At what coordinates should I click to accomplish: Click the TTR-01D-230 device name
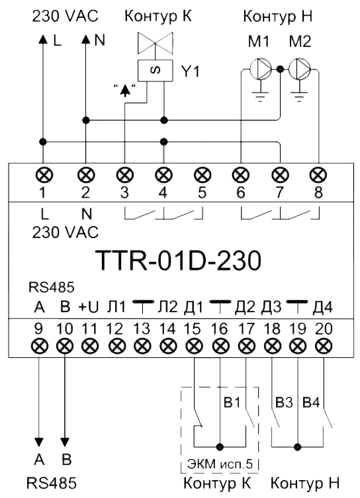pyautogui.click(x=178, y=261)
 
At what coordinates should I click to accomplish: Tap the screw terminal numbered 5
pyautogui.click(x=202, y=175)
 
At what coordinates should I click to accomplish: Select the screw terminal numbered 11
pyautogui.click(x=90, y=346)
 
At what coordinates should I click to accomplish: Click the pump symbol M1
pyautogui.click(x=260, y=69)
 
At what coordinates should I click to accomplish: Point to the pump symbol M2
pyautogui.click(x=299, y=69)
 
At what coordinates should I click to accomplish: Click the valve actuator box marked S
pyautogui.click(x=156, y=70)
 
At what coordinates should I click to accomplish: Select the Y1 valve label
pyautogui.click(x=191, y=71)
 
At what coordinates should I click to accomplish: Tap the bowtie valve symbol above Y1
pyautogui.click(x=156, y=43)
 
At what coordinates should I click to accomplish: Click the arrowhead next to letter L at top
pyautogui.click(x=43, y=39)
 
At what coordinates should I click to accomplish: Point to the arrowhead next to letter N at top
pyautogui.click(x=85, y=39)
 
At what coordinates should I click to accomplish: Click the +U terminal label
pyautogui.click(x=89, y=307)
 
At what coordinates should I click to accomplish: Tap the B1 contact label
pyautogui.click(x=232, y=402)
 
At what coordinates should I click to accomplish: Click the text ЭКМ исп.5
pyautogui.click(x=220, y=464)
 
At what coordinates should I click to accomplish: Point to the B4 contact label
pyautogui.click(x=311, y=402)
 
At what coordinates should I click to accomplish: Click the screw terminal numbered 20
pyautogui.click(x=324, y=346)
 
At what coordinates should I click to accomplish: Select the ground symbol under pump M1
pyautogui.click(x=261, y=96)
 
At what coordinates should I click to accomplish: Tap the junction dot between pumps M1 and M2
pyautogui.click(x=280, y=69)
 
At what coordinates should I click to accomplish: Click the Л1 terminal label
pyautogui.click(x=116, y=307)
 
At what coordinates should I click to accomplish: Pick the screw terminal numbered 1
pyautogui.click(x=44, y=175)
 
